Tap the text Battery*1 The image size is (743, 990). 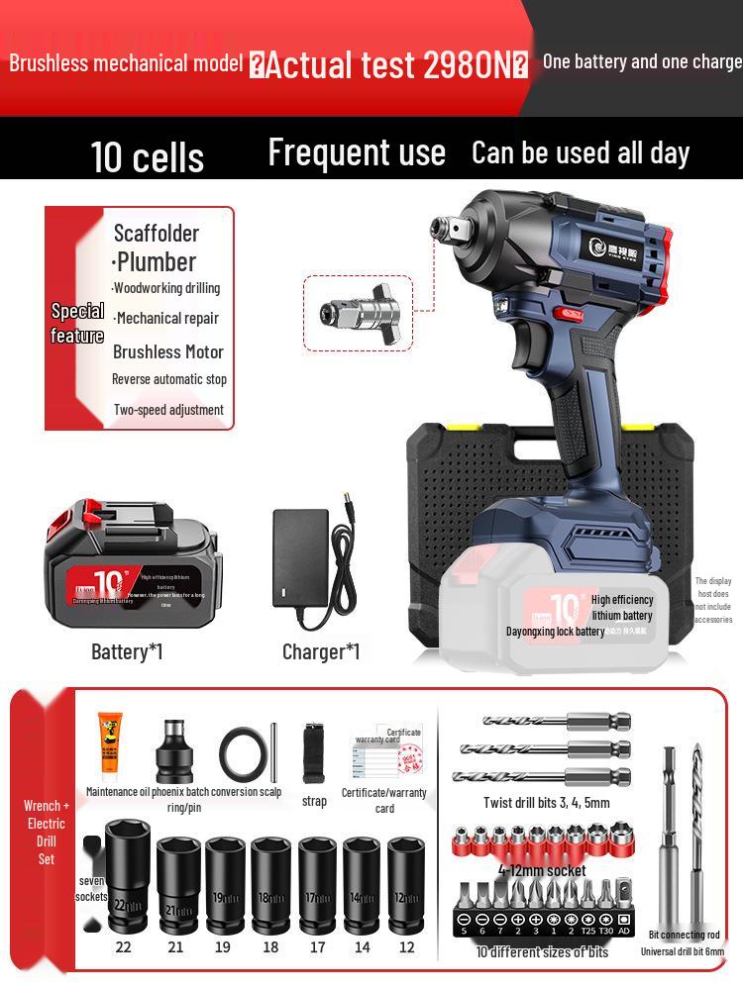point(127,651)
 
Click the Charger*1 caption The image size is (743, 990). point(321,651)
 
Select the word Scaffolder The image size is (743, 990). point(157,234)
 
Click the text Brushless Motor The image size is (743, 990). point(168,351)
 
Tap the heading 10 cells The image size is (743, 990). point(147,156)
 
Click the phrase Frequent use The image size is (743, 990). point(357,152)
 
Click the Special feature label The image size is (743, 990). point(77,323)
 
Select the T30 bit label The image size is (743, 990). point(606,931)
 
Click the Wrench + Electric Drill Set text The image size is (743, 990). point(46,832)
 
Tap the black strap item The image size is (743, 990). point(315,752)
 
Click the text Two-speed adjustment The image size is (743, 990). point(168,410)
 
